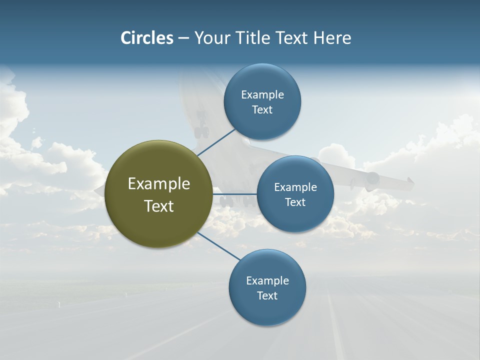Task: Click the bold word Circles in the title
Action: tap(147, 38)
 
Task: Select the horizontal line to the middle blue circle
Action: tap(235, 194)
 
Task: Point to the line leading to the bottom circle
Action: tap(219, 246)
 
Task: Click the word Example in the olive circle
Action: tap(158, 184)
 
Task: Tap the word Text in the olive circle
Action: tap(158, 206)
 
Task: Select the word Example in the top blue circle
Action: tap(262, 95)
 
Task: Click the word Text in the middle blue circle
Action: tap(295, 202)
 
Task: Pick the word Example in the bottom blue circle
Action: tap(267, 281)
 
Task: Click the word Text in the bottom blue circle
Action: tap(267, 296)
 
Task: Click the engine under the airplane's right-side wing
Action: tap(372, 179)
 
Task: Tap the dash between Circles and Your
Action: tap(183, 38)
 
